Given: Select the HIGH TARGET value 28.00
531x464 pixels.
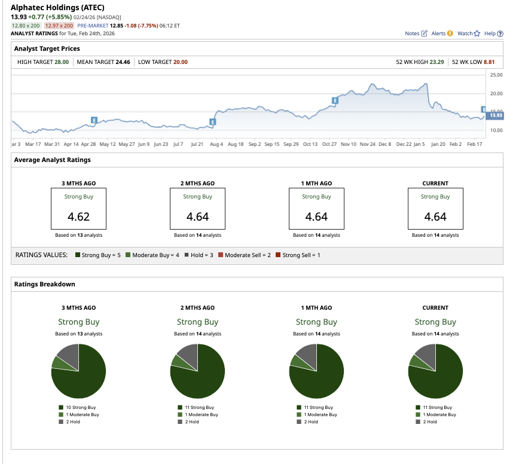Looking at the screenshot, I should [x=62, y=62].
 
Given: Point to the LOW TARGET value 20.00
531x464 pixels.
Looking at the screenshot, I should [x=180, y=62].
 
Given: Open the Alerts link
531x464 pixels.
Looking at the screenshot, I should [x=442, y=33].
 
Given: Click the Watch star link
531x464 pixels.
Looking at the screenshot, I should [x=469, y=33].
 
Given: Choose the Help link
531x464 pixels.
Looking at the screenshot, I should [x=493, y=33].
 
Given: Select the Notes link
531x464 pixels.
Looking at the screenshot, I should [x=416, y=33].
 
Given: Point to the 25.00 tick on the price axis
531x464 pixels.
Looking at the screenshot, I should [x=496, y=75].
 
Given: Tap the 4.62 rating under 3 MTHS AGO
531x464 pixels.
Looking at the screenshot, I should [x=78, y=216].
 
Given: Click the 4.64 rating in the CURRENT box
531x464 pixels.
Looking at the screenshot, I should [x=435, y=216].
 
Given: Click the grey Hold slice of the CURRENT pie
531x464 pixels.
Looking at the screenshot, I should [x=426, y=356].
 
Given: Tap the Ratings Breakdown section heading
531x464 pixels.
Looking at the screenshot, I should [x=45, y=284].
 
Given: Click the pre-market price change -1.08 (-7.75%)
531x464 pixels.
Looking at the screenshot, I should [x=147, y=26].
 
